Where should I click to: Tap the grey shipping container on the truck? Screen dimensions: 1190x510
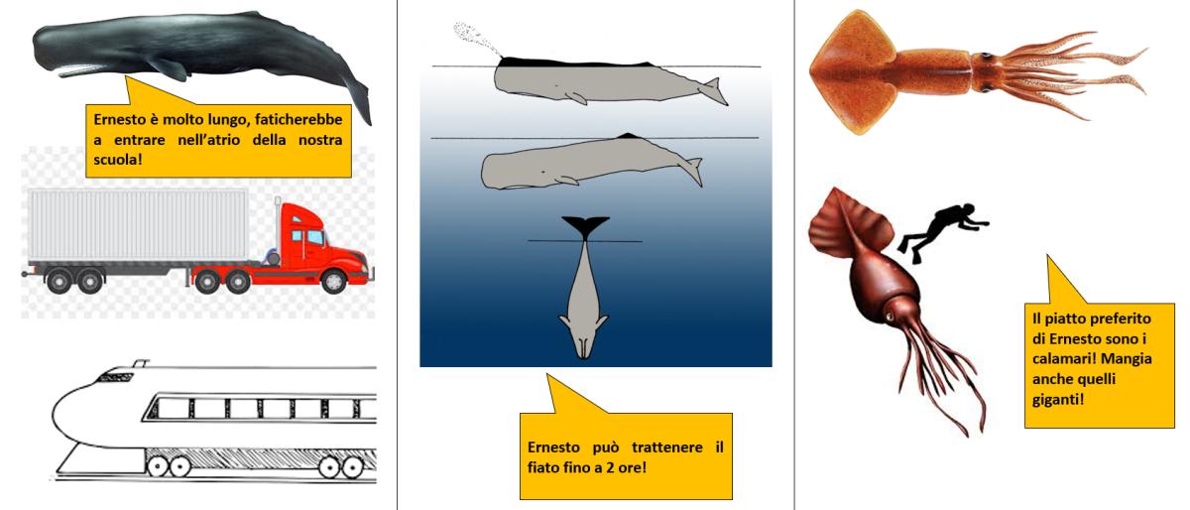click(x=138, y=225)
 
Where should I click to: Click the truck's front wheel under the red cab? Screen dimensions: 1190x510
click(x=333, y=281)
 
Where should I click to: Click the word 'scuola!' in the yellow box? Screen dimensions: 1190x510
click(x=118, y=159)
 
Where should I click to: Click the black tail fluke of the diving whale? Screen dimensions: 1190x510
click(x=585, y=227)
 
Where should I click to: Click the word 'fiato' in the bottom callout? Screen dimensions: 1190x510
click(x=544, y=467)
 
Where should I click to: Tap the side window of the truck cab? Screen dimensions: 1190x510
click(x=315, y=238)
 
